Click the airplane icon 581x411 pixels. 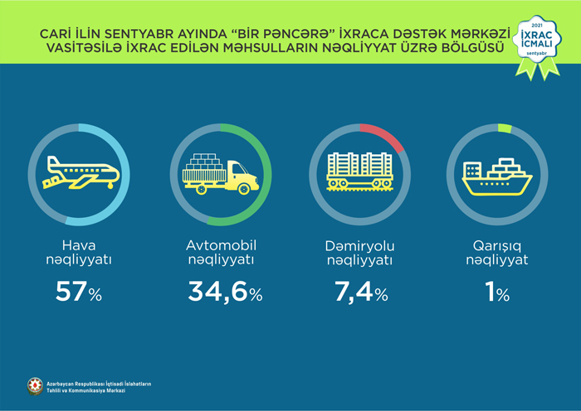[x=81, y=172]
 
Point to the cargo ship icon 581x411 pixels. [x=497, y=175]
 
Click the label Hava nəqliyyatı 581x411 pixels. [x=81, y=252]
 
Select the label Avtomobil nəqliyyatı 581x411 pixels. [x=220, y=252]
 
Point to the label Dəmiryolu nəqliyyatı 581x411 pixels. [x=358, y=252]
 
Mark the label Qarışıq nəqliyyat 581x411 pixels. [x=497, y=252]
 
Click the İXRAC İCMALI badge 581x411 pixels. [x=535, y=44]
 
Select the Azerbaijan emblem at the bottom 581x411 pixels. [x=34, y=386]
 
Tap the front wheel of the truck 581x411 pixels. [x=243, y=189]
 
